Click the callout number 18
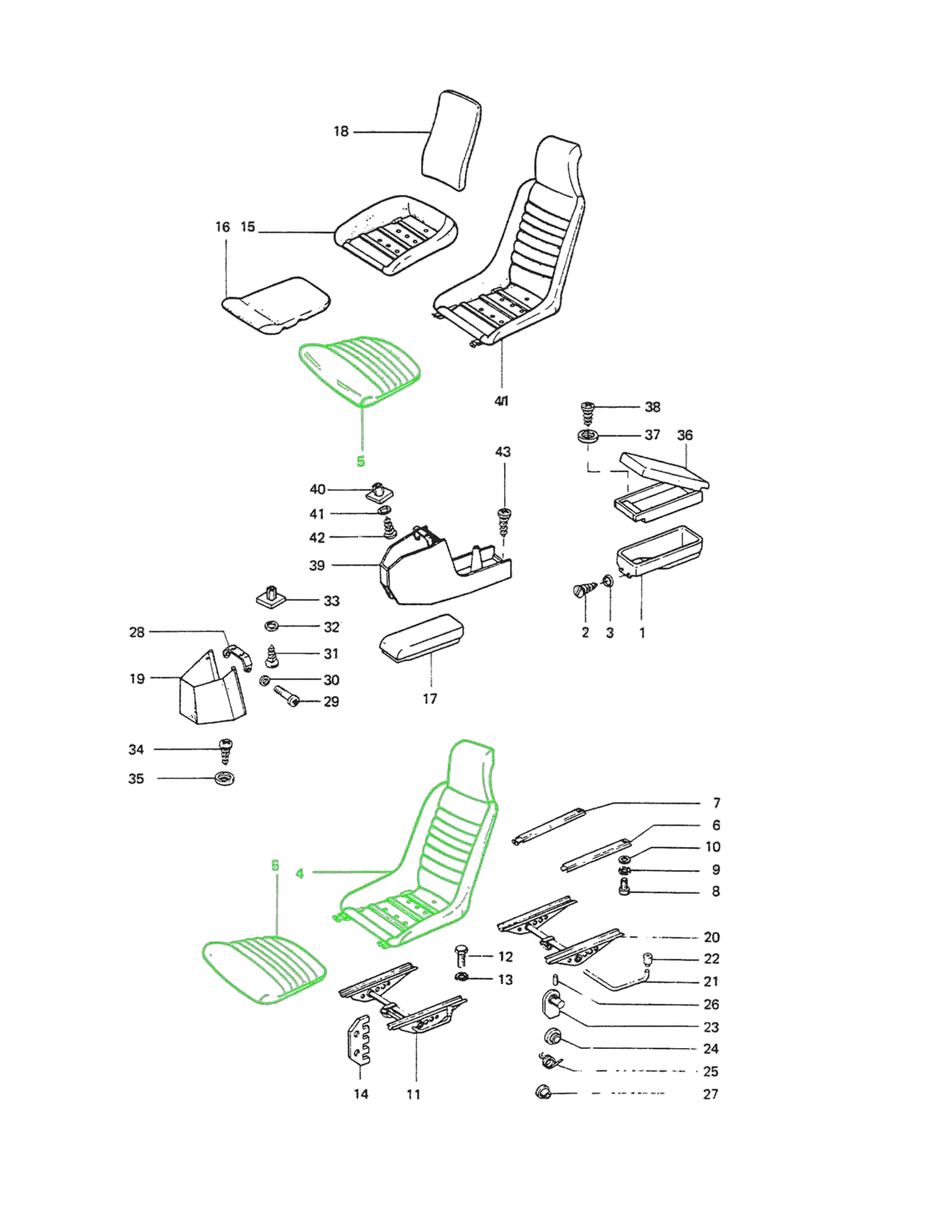[341, 131]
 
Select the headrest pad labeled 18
[452, 140]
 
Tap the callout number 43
[503, 452]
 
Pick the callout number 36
[684, 435]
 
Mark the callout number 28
[137, 632]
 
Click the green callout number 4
[300, 873]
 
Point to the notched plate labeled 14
[358, 1040]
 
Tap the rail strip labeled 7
[549, 826]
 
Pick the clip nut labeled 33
[270, 597]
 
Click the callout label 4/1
[502, 401]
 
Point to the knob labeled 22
[648, 960]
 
